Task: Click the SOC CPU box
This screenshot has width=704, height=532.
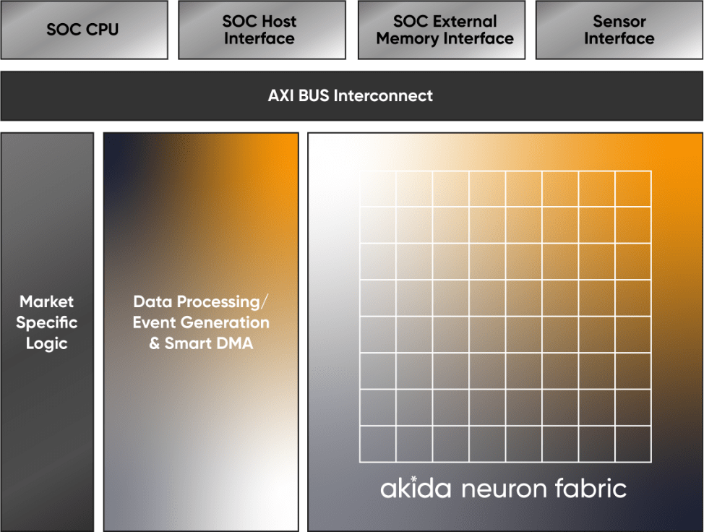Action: point(84,30)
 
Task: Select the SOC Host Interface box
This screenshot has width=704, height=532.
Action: point(262,30)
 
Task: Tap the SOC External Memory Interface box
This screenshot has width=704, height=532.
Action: point(442,30)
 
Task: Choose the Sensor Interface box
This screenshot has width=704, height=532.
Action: point(619,30)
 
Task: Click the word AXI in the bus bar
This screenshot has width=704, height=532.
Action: point(281,95)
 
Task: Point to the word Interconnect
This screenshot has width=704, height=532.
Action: point(383,95)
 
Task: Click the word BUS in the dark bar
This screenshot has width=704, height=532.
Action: point(314,95)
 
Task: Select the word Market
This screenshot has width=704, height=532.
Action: point(47,301)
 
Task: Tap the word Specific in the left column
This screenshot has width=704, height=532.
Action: point(47,323)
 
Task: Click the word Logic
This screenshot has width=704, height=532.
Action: point(47,343)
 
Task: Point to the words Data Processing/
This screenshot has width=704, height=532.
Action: point(201,302)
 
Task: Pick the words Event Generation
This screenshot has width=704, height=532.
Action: point(201,322)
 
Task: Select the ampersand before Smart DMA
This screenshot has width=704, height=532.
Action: point(155,343)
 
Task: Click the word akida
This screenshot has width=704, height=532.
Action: point(416,488)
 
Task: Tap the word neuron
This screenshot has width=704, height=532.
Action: point(503,489)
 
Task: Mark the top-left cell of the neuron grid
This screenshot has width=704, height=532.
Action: point(378,189)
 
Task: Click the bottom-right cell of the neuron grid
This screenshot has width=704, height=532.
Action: point(633,444)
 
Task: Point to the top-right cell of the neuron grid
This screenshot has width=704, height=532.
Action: point(633,189)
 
